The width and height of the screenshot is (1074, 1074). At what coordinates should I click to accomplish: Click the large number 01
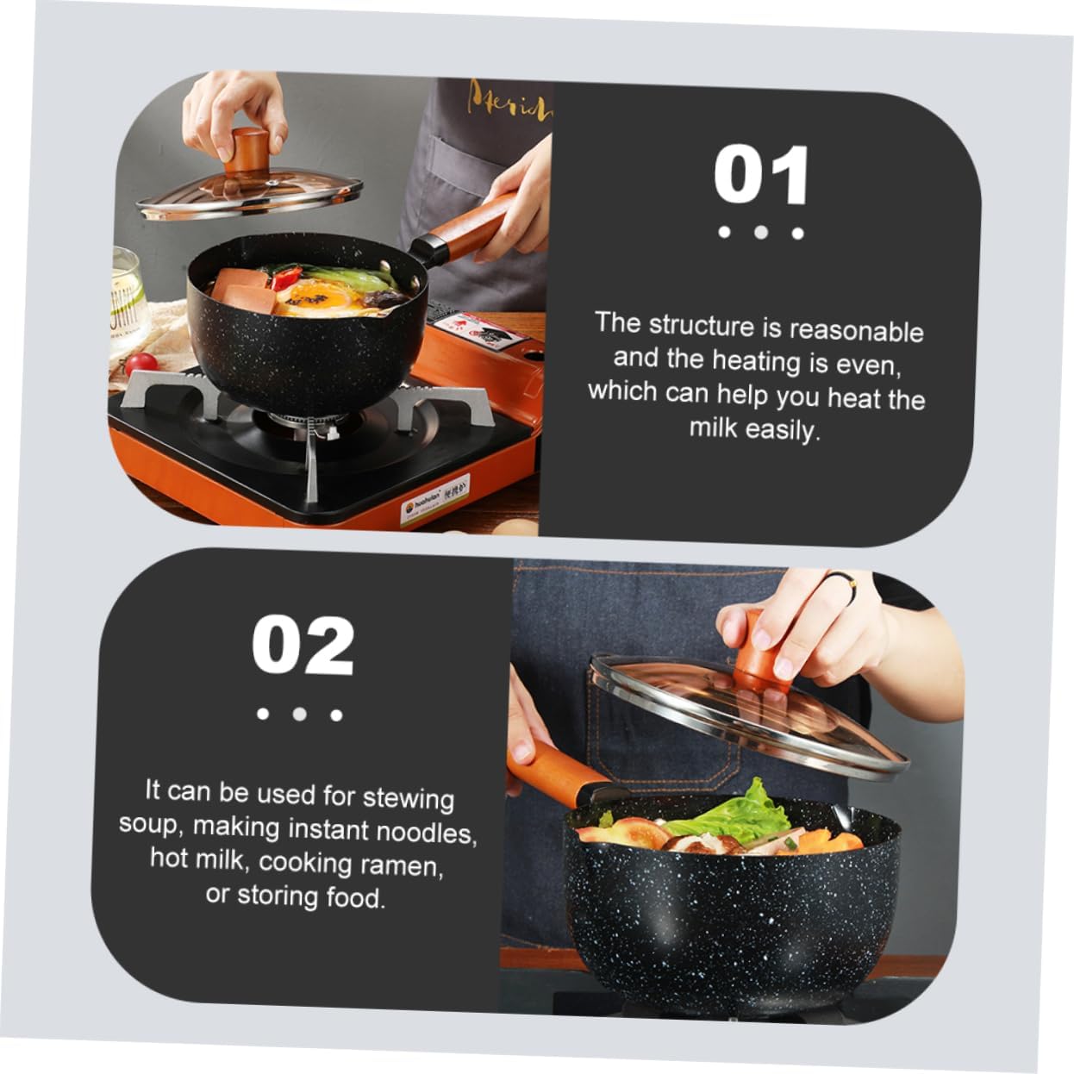(x=761, y=175)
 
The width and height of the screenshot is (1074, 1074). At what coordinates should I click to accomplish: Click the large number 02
(x=303, y=646)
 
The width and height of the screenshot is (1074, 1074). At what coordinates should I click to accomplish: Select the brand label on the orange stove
(x=435, y=507)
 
